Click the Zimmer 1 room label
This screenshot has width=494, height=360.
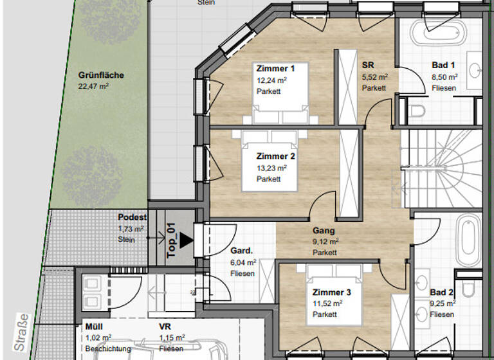(x=275, y=69)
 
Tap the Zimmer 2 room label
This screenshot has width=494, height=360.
(x=275, y=156)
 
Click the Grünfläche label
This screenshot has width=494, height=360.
(x=101, y=75)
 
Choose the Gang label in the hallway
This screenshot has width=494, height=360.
(x=324, y=231)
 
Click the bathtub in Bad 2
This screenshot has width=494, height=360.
(x=470, y=241)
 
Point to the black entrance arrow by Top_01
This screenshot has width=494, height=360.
(x=186, y=240)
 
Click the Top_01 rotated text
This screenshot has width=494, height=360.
(x=171, y=240)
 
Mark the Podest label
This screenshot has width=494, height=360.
(x=133, y=218)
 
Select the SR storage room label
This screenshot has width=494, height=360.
(x=369, y=66)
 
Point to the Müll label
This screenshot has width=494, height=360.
(x=94, y=327)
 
